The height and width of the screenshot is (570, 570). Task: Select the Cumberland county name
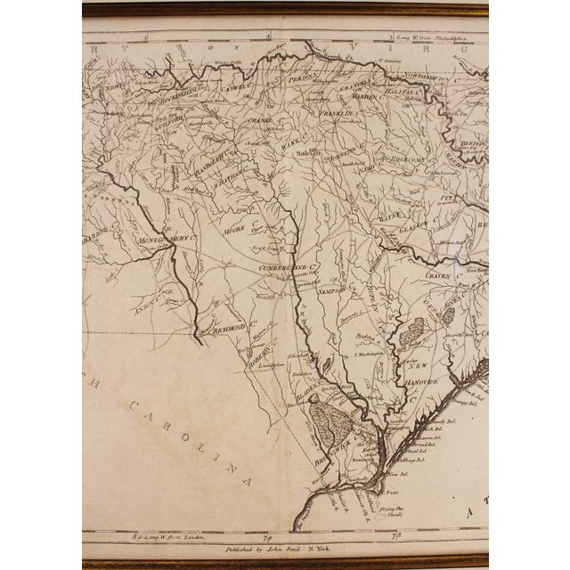pyautogui.click(x=289, y=265)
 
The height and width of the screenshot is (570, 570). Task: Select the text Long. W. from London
pyautogui.click(x=151, y=536)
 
